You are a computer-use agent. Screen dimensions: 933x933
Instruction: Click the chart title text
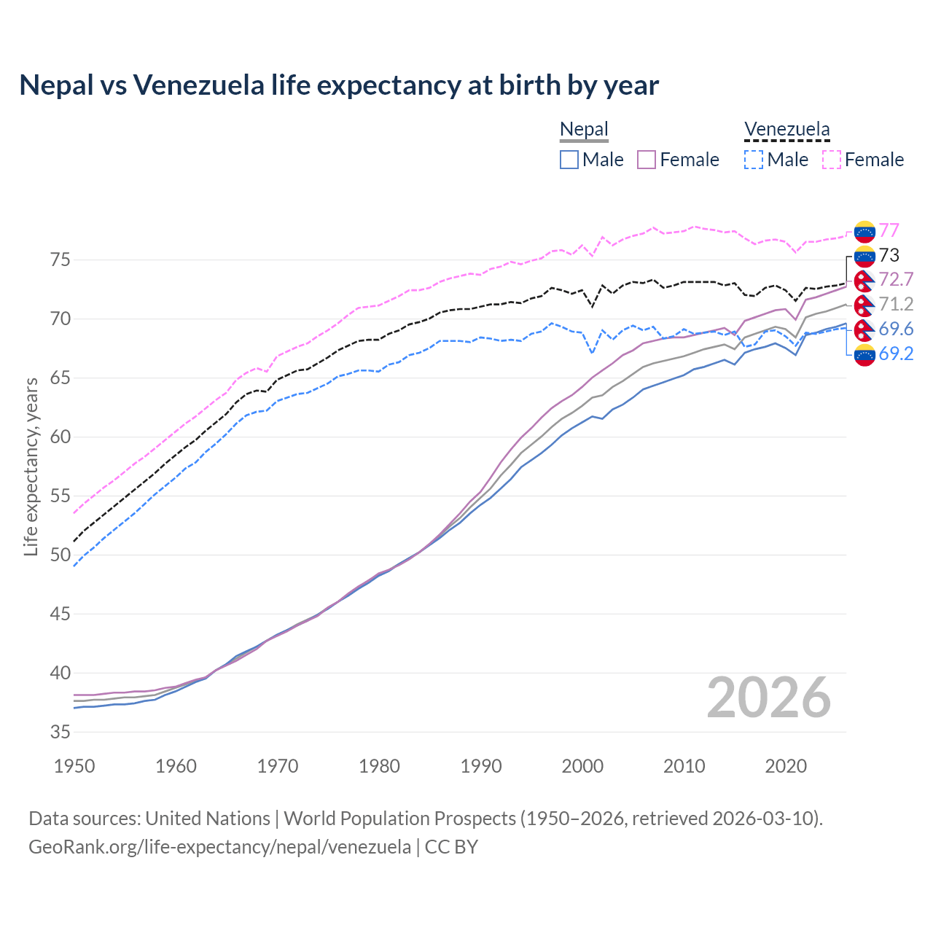(339, 85)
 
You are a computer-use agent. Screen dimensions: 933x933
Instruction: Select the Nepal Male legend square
(569, 160)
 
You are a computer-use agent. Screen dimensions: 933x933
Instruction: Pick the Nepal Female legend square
(647, 160)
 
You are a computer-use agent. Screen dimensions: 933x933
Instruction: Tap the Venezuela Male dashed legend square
(754, 160)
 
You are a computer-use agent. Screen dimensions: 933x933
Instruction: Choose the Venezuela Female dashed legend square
(832, 160)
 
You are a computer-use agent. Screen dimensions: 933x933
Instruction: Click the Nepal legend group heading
(584, 130)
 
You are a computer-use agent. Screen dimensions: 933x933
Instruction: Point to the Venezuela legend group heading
(786, 130)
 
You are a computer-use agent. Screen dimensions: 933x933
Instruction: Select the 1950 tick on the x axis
(75, 766)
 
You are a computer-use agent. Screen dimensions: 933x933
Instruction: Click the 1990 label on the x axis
(481, 766)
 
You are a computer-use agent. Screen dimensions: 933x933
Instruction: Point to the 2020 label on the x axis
(786, 766)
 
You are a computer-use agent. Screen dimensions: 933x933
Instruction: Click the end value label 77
(889, 231)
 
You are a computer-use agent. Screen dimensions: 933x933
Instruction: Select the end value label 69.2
(896, 354)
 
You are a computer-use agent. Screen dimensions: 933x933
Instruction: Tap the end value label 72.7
(896, 280)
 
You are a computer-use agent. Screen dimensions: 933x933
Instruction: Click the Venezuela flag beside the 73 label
(864, 256)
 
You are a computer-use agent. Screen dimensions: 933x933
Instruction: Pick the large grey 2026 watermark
(769, 698)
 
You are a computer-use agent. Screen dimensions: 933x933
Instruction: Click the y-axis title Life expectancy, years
(31, 466)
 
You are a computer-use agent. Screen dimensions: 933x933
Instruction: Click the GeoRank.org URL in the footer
(219, 847)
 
